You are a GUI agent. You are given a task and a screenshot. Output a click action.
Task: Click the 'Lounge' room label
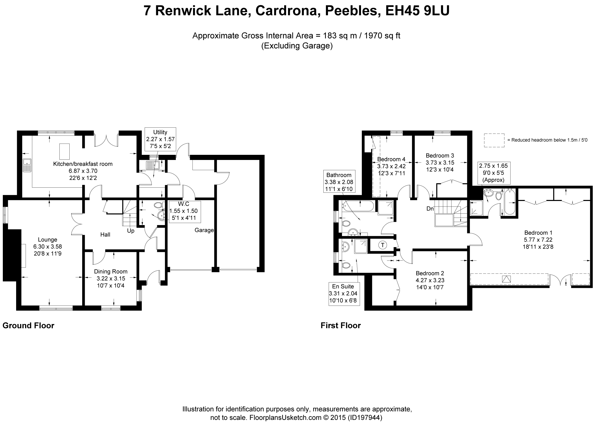(47, 240)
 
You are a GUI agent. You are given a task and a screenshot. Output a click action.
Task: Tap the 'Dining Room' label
(111, 272)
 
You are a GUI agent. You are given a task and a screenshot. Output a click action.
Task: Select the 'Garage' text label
(204, 230)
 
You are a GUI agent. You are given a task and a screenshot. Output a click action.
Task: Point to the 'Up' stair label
(131, 231)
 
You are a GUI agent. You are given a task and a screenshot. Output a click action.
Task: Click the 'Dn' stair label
(430, 209)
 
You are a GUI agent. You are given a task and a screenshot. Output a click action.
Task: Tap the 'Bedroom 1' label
(538, 233)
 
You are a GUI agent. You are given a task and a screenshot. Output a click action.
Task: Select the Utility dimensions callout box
(160, 139)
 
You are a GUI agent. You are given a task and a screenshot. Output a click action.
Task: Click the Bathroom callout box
(339, 182)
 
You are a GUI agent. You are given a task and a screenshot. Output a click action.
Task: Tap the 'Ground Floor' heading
(28, 326)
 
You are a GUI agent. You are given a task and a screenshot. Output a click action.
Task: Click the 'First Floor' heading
(341, 326)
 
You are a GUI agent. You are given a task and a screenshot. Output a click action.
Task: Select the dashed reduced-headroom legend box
(494, 140)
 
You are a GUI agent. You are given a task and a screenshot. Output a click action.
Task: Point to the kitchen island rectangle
(64, 151)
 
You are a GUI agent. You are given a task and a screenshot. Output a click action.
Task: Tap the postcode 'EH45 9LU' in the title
(417, 11)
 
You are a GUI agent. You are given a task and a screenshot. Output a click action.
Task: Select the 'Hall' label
(105, 235)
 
